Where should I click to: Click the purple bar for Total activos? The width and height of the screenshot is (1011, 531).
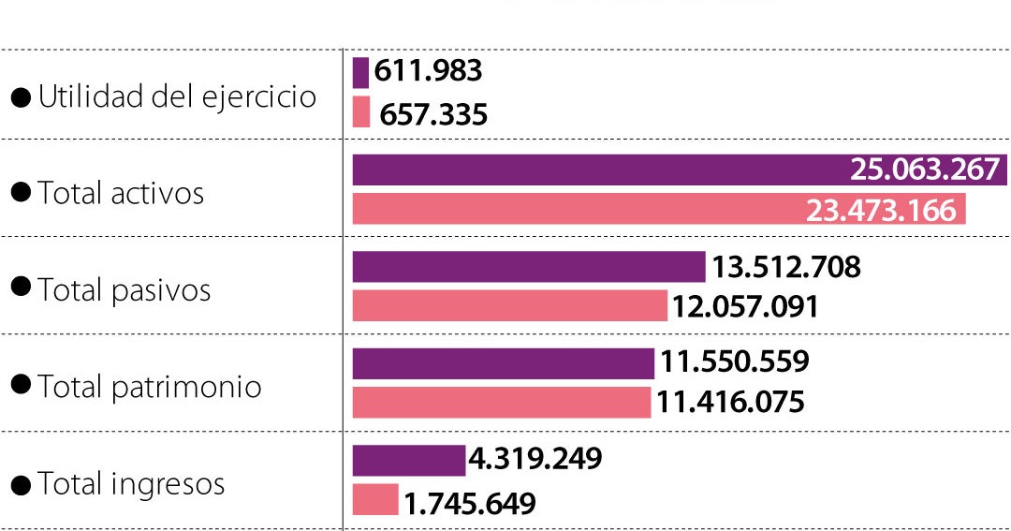point(599,170)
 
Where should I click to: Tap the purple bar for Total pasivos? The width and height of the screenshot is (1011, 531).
point(528,267)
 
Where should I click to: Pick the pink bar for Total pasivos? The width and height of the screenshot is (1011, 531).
point(509,306)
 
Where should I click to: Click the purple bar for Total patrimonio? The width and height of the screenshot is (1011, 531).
point(503,363)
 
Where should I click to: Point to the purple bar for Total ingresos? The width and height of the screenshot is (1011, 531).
point(408,461)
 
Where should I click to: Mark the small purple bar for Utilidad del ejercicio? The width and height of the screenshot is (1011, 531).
point(360,72)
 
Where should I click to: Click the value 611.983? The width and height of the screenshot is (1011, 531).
point(428,71)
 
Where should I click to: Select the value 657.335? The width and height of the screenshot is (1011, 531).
point(433,114)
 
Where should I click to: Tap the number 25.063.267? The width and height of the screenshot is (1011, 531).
point(925,170)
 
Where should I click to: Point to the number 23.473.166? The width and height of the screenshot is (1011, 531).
point(882,210)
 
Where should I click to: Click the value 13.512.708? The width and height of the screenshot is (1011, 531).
point(785,267)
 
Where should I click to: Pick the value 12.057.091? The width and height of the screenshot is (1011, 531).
point(745,306)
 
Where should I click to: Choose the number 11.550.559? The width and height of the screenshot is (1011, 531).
point(734,362)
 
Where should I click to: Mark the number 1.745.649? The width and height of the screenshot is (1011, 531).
point(470,504)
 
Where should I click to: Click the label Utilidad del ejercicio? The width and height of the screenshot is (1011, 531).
point(177,96)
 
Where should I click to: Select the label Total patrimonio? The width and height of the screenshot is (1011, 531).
point(150,387)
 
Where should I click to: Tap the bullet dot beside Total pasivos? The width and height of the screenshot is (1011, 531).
point(20,288)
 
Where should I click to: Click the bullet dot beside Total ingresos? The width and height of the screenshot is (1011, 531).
point(20,484)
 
